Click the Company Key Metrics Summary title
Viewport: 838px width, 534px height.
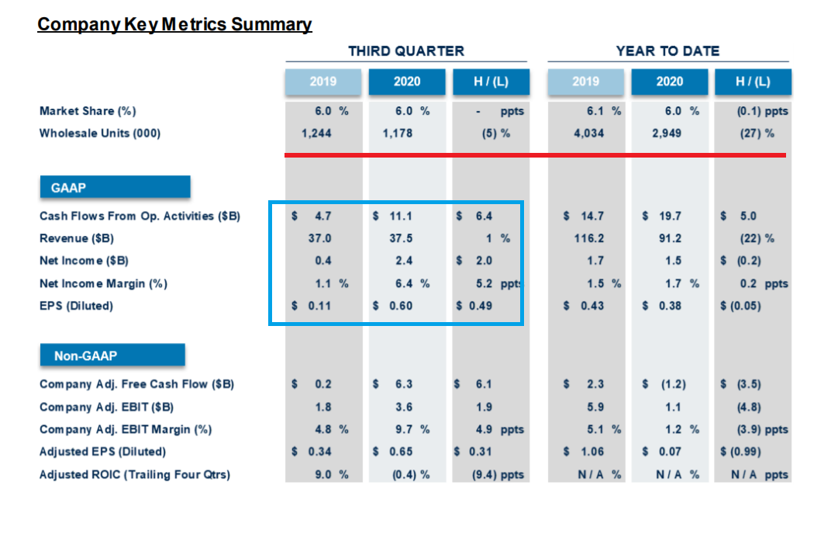[174, 25]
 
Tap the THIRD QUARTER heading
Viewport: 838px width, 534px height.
[406, 50]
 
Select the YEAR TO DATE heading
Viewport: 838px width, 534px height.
[667, 50]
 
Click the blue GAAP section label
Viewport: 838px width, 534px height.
[115, 187]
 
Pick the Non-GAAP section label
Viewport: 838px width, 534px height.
[112, 355]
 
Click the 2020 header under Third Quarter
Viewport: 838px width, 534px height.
[407, 81]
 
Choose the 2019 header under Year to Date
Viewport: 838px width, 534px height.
[586, 81]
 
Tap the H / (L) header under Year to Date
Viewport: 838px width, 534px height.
[753, 81]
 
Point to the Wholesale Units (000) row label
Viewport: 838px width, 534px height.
[100, 133]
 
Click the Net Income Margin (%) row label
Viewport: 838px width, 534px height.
[103, 283]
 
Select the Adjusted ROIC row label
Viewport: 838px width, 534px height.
[135, 474]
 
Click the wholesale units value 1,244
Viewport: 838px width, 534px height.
[316, 133]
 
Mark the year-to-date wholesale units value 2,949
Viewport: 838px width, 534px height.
[667, 133]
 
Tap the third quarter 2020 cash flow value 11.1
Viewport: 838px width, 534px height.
[401, 217]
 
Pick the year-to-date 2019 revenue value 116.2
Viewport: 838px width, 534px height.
[589, 238]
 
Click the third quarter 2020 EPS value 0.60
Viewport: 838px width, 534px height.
[401, 306]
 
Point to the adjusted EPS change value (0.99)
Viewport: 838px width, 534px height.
[745, 452]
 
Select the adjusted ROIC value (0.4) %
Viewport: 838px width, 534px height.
[411, 474]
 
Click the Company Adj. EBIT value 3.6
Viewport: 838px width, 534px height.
[404, 407]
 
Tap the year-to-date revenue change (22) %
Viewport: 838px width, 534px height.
[757, 238]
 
